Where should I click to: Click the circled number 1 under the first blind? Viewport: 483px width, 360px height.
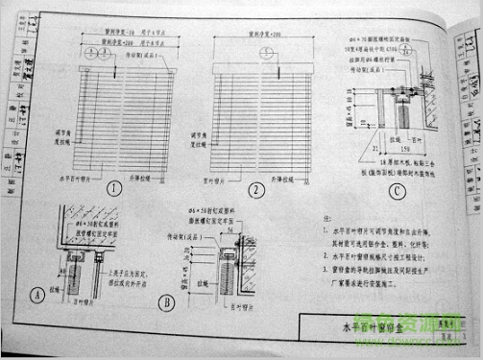pyautogui.click(x=114, y=188)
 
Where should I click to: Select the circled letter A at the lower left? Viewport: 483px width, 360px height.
pyautogui.click(x=39, y=296)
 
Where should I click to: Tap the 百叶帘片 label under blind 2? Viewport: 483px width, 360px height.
pyautogui.click(x=223, y=179)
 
